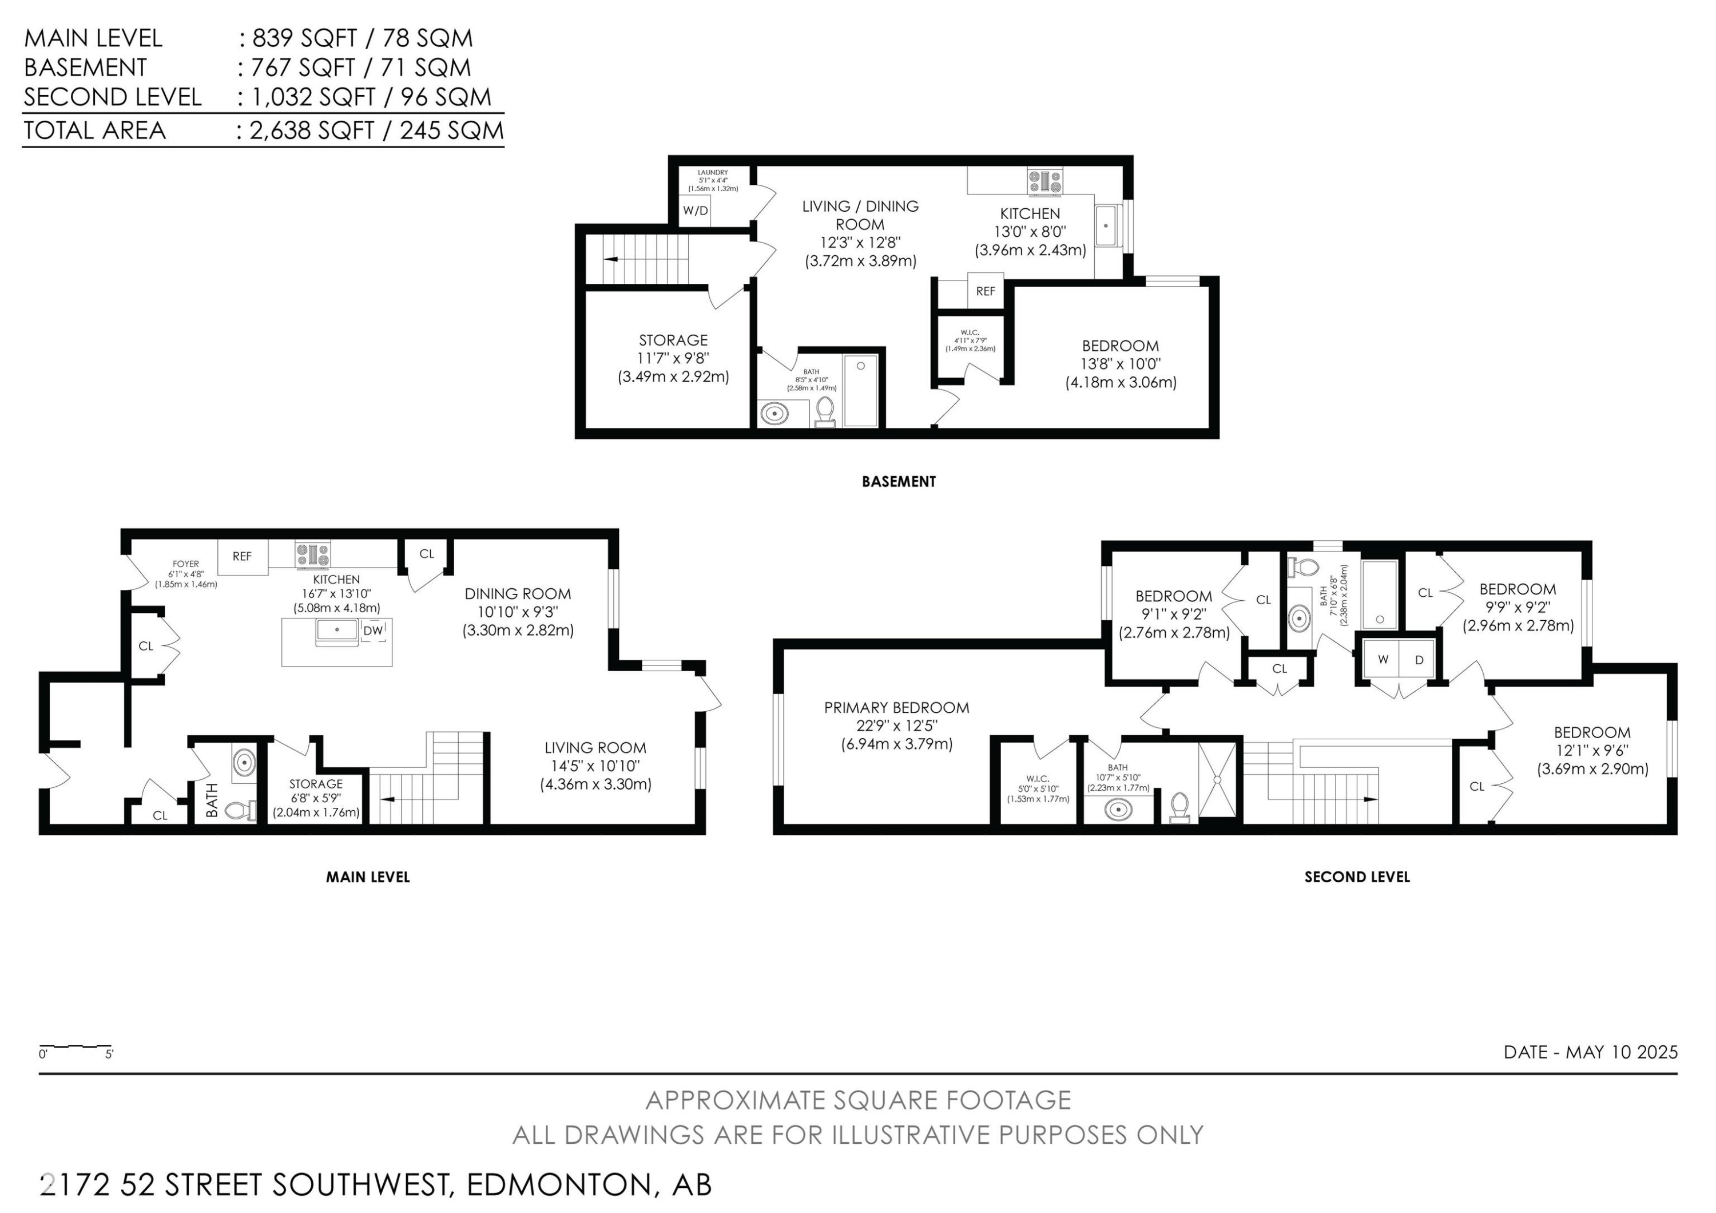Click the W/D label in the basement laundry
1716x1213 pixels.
[694, 211]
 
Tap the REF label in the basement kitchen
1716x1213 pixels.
[985, 291]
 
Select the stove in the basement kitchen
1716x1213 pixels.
[1044, 181]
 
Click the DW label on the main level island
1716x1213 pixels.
[372, 631]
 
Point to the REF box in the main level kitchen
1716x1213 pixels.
[242, 556]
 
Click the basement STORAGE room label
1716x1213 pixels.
[673, 340]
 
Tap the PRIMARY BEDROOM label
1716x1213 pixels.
[896, 707]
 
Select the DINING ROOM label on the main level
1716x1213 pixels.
[517, 593]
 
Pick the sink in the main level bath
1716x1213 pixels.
[244, 763]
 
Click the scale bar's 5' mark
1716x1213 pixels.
[109, 1055]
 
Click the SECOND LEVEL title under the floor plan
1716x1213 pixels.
[1357, 877]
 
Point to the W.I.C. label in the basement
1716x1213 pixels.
[970, 332]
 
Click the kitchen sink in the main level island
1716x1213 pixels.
[336, 631]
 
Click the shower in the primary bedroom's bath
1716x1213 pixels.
[1217, 779]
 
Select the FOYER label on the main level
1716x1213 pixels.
[185, 564]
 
